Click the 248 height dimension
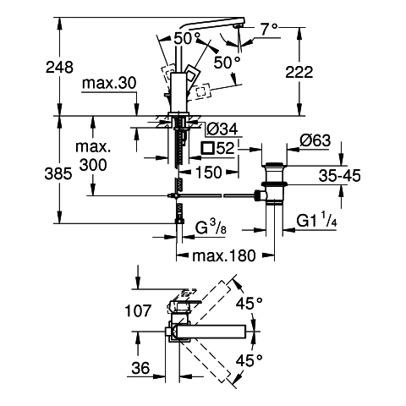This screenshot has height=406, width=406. pyautogui.click(x=59, y=68)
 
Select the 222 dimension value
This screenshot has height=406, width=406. pyautogui.click(x=299, y=72)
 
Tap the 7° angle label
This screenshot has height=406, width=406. pyautogui.click(x=269, y=30)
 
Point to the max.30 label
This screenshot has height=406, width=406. pyautogui.click(x=109, y=83)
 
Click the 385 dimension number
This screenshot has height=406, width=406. pyautogui.click(x=58, y=173)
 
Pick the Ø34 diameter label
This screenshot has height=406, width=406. pyautogui.click(x=222, y=129)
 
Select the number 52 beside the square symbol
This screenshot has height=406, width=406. pyautogui.click(x=226, y=148)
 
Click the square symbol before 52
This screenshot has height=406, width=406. pyautogui.click(x=207, y=148)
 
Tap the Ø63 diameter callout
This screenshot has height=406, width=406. pyautogui.click(x=315, y=140)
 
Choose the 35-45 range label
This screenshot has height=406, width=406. pyautogui.click(x=339, y=176)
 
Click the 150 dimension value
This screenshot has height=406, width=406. pyautogui.click(x=208, y=172)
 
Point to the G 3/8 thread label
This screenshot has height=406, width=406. pyautogui.click(x=211, y=228)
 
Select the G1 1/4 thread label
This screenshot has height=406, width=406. pyautogui.click(x=316, y=220)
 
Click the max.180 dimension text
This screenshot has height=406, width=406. pyautogui.click(x=224, y=255)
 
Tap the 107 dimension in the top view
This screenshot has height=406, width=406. pyautogui.click(x=138, y=311)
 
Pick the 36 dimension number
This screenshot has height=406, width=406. pyautogui.click(x=140, y=368)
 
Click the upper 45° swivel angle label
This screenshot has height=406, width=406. pyautogui.click(x=250, y=304)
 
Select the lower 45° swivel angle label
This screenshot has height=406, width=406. pyautogui.click(x=250, y=360)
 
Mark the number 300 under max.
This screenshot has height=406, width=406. pyautogui.click(x=93, y=164)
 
